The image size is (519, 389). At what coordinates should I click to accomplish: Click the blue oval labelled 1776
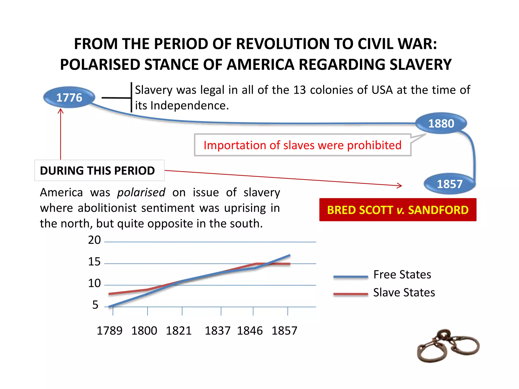(69, 98)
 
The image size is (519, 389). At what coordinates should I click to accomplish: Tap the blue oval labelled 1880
(441, 123)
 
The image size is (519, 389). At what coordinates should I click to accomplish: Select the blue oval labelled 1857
(449, 184)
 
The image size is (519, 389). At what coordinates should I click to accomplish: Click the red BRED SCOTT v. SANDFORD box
(398, 210)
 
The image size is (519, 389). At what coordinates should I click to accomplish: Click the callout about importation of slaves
(302, 145)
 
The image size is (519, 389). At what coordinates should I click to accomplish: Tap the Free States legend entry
(402, 275)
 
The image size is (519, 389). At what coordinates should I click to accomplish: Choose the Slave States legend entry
(404, 293)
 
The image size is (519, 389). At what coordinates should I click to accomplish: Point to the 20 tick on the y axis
(95, 240)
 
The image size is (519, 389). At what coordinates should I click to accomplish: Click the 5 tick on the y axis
(95, 305)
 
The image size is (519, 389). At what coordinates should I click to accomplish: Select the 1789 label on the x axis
(109, 331)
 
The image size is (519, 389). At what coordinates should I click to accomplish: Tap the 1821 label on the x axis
(179, 331)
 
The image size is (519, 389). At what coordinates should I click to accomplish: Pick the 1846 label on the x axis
(250, 331)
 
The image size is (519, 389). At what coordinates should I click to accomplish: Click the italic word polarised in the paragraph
(141, 192)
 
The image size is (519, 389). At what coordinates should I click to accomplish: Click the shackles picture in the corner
(448, 346)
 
